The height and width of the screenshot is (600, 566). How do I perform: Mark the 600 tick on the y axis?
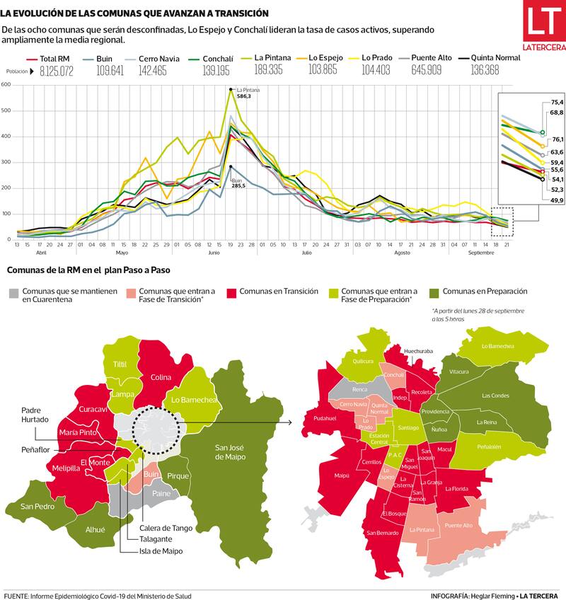tap(6, 85)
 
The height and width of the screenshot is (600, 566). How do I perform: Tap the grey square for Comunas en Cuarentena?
tap(14, 292)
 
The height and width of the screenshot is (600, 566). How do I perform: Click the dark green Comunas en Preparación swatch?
tap(432, 292)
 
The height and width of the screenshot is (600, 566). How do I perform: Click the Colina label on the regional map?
tap(161, 377)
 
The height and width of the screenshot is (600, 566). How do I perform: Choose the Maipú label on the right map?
tap(342, 475)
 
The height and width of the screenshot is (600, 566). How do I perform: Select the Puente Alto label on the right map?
tap(458, 526)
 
